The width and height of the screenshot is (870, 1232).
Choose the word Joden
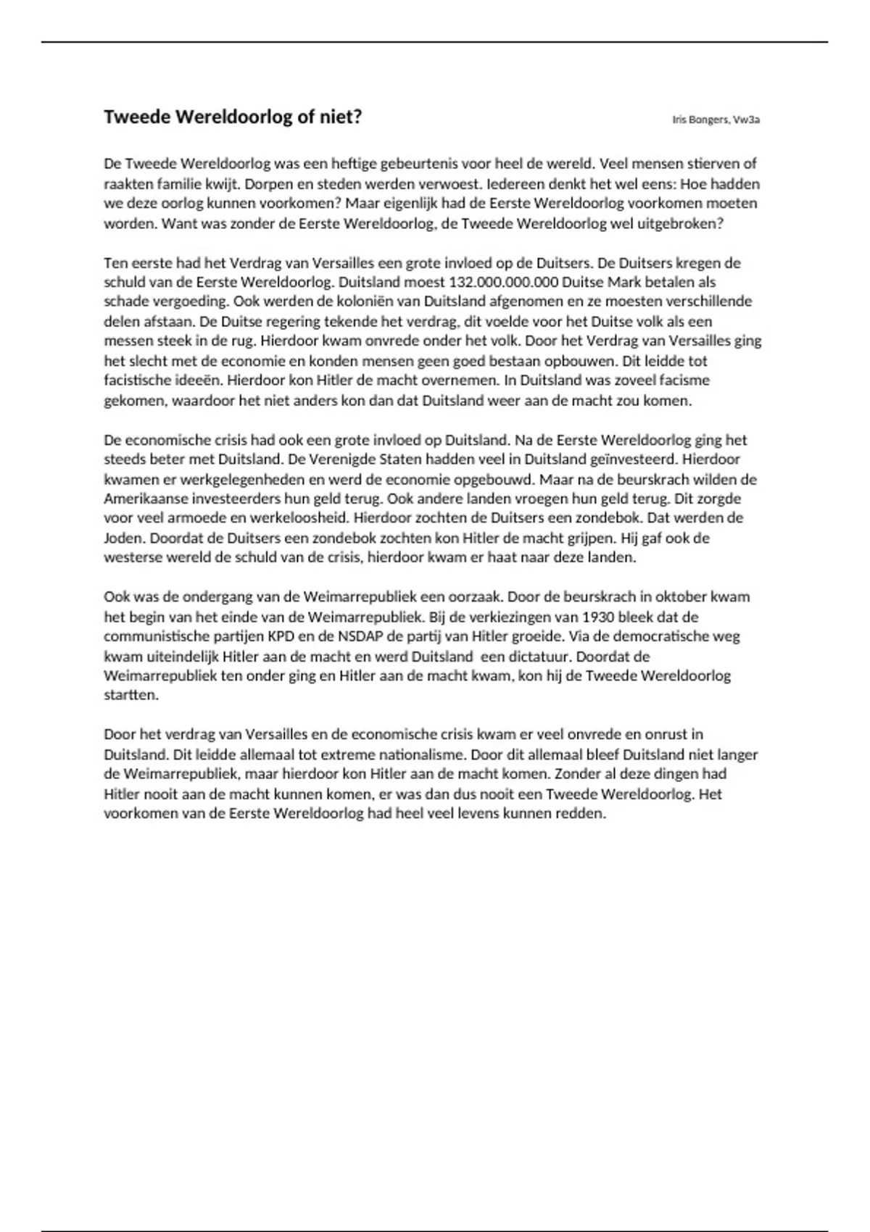pyautogui.click(x=124, y=538)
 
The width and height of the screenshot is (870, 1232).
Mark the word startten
pyautogui.click(x=130, y=695)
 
